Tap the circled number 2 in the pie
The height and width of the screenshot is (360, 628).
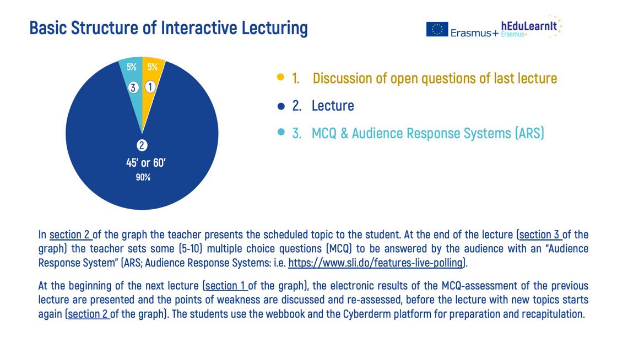pos(142,145)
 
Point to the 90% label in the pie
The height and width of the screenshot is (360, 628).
pos(143,177)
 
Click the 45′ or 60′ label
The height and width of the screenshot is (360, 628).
pos(146,163)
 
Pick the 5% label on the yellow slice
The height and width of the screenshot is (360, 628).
pos(153,67)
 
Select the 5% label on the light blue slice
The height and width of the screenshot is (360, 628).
pos(131,67)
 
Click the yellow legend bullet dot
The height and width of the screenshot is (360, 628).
pos(280,77)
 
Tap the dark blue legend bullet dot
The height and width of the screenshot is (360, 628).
pos(281,106)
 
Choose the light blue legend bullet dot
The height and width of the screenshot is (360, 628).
pos(281,132)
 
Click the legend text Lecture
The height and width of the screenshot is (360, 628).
pos(333,106)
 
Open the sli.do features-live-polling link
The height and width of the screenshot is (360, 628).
pos(376,263)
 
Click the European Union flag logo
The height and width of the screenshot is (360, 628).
pos(437,29)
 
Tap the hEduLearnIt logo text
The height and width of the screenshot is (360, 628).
pos(529,26)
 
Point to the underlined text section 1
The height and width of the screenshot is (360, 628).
pos(225,286)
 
